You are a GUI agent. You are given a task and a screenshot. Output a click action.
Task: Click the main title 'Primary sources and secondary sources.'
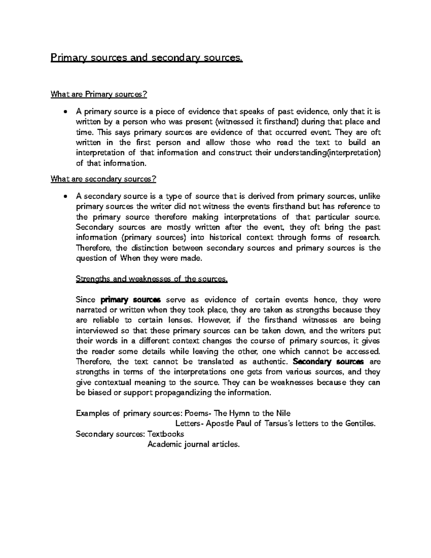click(147, 58)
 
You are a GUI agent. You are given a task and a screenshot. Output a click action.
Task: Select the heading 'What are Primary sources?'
click(99, 94)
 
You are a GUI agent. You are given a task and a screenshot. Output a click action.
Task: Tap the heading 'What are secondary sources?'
click(104, 179)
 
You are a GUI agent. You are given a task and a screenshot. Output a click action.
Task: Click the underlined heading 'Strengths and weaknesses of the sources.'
click(152, 279)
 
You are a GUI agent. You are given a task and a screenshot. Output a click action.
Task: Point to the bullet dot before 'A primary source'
click(65, 112)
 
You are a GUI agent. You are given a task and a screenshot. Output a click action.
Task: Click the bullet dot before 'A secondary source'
click(65, 197)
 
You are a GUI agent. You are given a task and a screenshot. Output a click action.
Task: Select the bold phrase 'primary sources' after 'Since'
click(131, 300)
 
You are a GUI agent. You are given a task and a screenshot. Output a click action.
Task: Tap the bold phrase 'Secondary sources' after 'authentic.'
click(329, 362)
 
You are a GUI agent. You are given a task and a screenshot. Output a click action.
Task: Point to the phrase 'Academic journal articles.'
click(193, 444)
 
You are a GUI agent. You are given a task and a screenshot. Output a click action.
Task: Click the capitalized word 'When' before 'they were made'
click(130, 258)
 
